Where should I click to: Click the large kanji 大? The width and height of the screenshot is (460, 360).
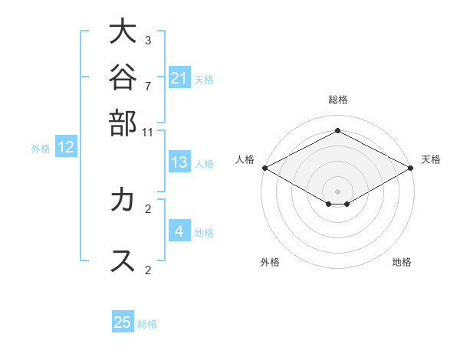[123, 31]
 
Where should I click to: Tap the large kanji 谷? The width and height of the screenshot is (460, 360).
[123, 77]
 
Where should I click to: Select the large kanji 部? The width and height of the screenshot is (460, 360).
[123, 123]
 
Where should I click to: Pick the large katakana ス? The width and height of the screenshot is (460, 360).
[123, 260]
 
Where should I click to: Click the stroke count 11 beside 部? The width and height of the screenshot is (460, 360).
[147, 133]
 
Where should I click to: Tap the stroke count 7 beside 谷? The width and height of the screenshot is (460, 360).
[148, 87]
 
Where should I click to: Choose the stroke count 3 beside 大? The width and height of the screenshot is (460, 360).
[148, 40]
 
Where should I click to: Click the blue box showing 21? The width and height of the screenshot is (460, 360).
[179, 77]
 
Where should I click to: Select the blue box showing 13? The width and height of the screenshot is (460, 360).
[179, 162]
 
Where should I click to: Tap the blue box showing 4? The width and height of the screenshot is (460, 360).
[179, 230]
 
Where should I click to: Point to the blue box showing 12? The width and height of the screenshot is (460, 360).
[66, 146]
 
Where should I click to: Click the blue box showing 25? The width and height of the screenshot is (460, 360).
[123, 321]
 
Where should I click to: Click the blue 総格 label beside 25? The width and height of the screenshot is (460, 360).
[147, 324]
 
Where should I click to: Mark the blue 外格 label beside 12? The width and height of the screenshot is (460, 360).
[41, 149]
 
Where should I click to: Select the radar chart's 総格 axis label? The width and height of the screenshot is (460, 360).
[338, 100]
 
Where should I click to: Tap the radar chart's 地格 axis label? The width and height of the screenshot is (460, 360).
[402, 262]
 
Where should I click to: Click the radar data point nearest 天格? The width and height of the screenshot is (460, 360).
[411, 168]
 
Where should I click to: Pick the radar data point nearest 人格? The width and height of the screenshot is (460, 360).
[265, 168]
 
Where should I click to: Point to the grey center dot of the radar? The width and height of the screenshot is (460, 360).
[337, 191]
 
